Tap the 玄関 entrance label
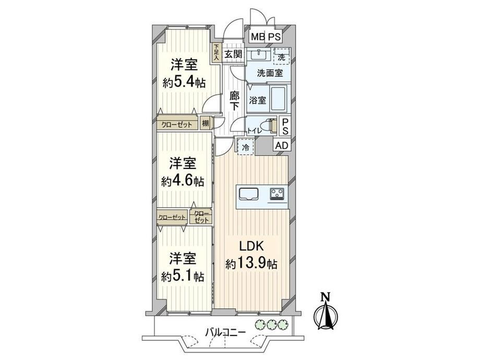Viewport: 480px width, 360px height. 233,54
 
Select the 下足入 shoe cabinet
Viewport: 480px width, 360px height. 217,52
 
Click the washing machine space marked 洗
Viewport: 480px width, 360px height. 281,56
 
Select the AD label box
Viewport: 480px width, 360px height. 282,146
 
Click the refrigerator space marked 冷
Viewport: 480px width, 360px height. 246,147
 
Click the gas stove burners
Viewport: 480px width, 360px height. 278,194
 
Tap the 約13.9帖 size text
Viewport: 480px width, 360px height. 251,263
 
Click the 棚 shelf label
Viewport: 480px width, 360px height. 206,124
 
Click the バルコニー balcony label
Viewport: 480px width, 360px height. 225,332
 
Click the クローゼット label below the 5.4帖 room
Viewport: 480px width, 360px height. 177,124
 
